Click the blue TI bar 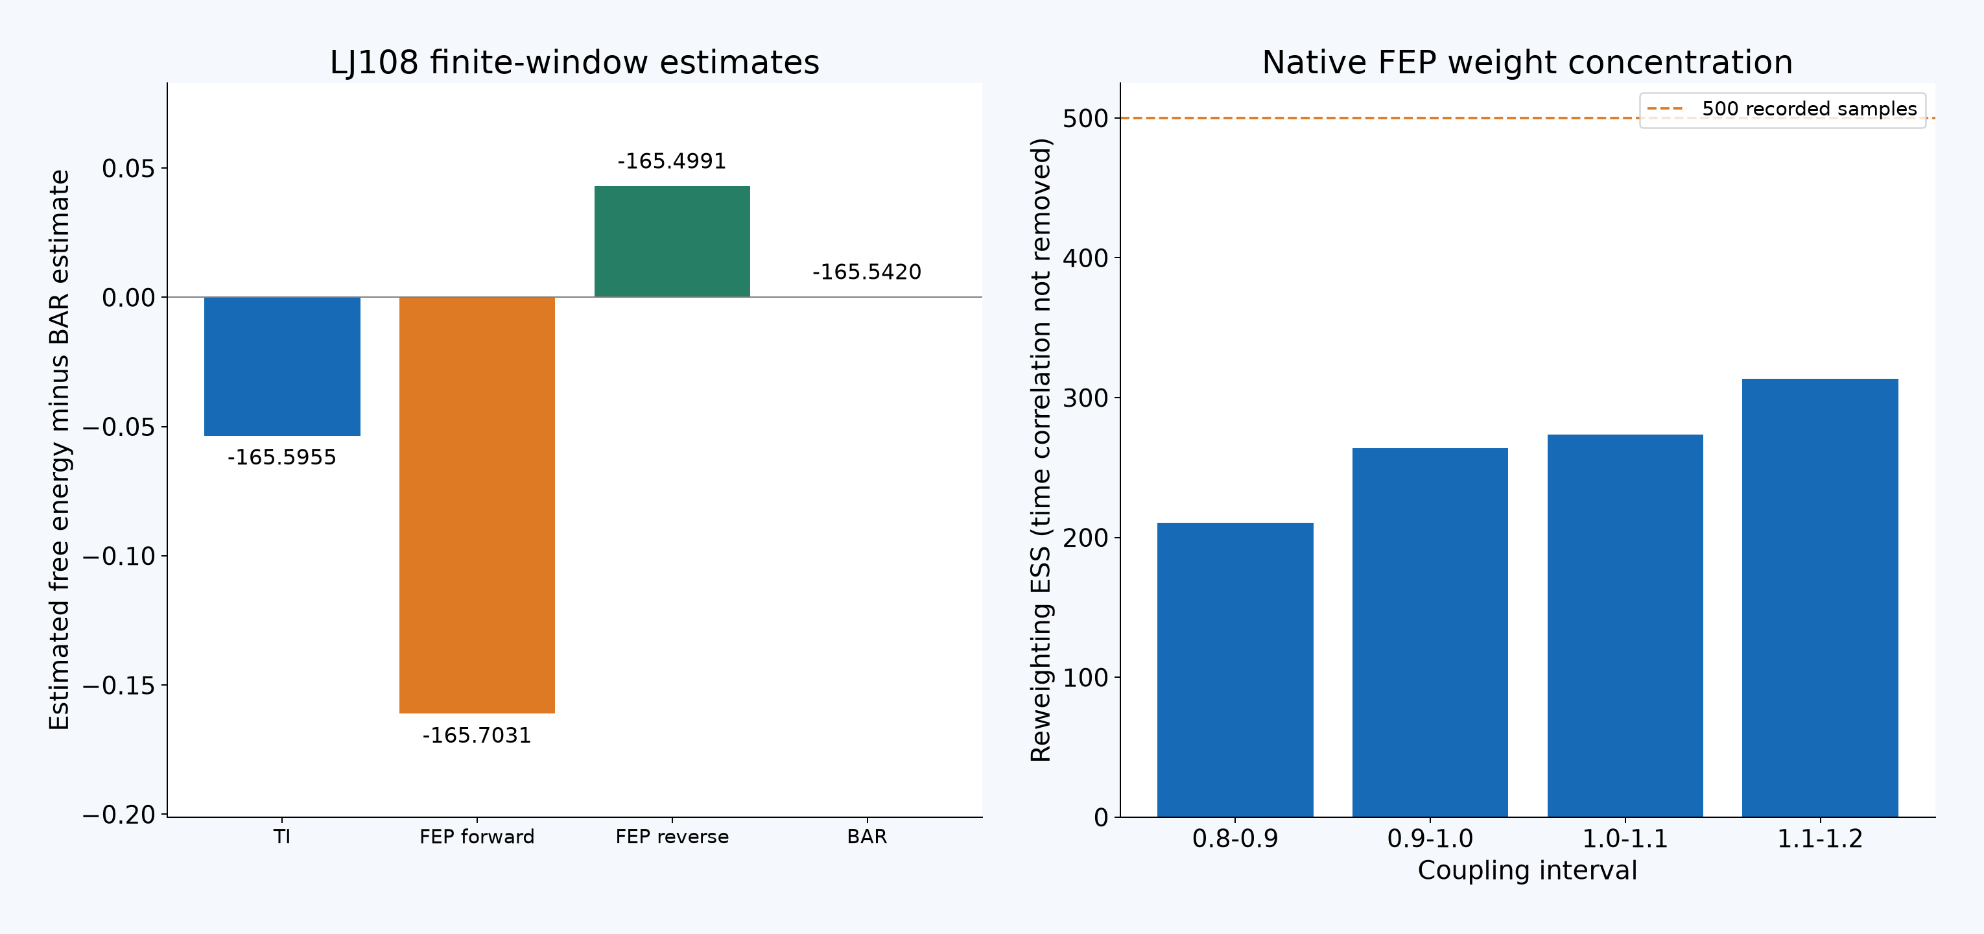tap(282, 366)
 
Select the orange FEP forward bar tap(477, 505)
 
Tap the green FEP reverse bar tap(672, 241)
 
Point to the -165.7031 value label tap(477, 735)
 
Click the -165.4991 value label tap(672, 161)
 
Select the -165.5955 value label tap(282, 458)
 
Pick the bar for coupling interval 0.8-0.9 tap(1235, 669)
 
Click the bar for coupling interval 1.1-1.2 tap(1820, 597)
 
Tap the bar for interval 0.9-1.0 tap(1430, 632)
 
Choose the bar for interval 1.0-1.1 tap(1625, 626)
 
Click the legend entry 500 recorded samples tap(1782, 110)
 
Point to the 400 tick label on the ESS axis tap(1085, 258)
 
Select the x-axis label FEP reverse tap(672, 837)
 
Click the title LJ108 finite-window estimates tap(574, 62)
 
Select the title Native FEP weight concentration tap(1528, 62)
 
